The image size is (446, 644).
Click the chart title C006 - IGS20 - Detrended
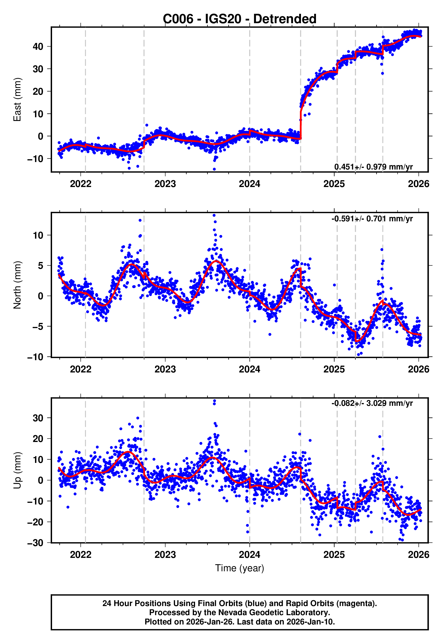tap(240, 19)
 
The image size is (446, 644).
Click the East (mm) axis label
tap(17, 100)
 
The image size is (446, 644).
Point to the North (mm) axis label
tap(17, 285)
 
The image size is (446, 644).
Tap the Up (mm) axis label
tap(17, 470)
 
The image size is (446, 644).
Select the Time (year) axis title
tap(240, 568)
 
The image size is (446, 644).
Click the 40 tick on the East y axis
tap(38, 47)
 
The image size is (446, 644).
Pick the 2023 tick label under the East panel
tap(165, 184)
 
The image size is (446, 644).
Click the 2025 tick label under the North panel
tap(334, 369)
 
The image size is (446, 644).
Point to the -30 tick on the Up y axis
tap(35, 543)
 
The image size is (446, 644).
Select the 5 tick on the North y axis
tap(41, 266)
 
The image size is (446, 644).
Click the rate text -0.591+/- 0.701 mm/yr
tap(372, 219)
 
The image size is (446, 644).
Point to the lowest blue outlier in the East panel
tap(214, 169)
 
